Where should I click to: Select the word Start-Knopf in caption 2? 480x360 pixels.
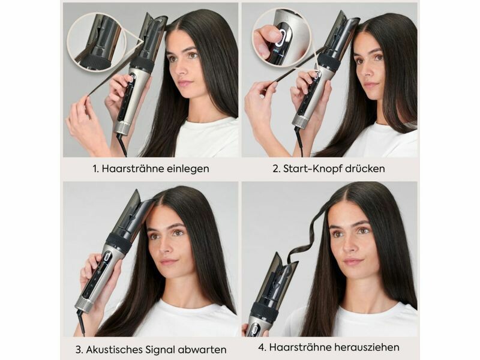coord(312,169)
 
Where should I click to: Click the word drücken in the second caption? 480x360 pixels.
coord(365,169)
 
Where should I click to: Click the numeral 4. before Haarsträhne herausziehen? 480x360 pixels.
coord(262,347)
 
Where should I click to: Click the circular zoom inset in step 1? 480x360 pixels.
coord(97,43)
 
